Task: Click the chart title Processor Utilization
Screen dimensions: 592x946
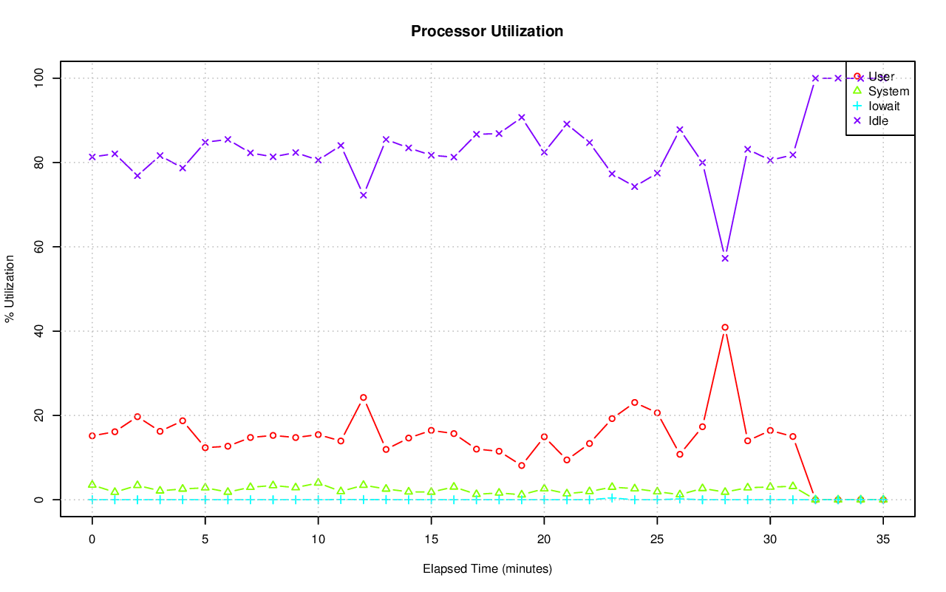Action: (487, 32)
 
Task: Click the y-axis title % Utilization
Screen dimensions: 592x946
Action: (10, 288)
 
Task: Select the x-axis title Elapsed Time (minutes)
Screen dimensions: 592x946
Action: (487, 569)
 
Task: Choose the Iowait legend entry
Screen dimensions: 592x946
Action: (883, 106)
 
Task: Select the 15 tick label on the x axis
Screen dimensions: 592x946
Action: (431, 540)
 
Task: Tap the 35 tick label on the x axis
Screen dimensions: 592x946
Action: (883, 540)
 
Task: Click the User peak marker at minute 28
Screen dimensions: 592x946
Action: (725, 327)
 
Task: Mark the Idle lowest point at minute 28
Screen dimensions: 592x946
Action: (725, 258)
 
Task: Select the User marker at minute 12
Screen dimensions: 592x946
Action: (364, 398)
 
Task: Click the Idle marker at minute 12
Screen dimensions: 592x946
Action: (364, 195)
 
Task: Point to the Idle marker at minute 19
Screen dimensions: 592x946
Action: (522, 118)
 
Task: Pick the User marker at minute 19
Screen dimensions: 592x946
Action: (522, 466)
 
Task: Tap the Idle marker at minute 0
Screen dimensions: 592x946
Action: (92, 157)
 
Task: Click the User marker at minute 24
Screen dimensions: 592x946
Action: (635, 403)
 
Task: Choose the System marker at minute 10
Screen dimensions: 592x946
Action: (319, 483)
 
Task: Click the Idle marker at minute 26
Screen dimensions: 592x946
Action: (680, 129)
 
